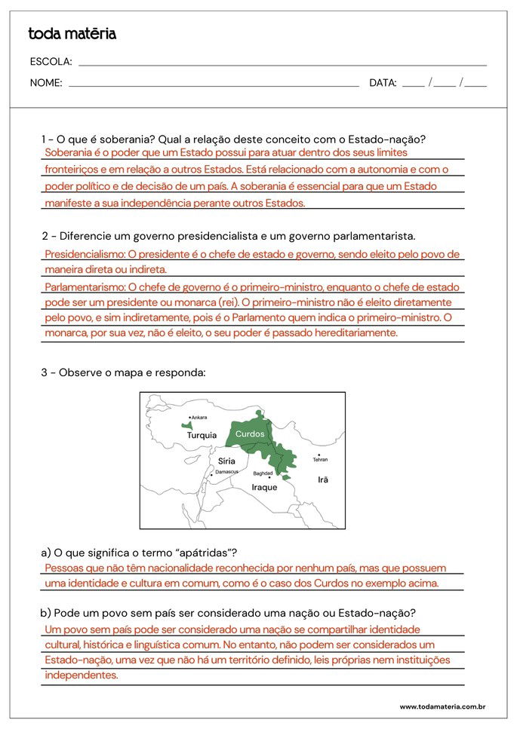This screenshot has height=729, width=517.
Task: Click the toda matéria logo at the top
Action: [x=72, y=34]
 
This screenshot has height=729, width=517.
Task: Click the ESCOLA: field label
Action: [x=51, y=62]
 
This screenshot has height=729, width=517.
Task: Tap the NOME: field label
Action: [x=46, y=83]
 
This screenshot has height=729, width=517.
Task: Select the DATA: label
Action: [x=383, y=83]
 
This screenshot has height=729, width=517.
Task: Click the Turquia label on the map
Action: [x=202, y=435]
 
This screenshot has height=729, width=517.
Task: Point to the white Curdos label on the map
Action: [x=250, y=434]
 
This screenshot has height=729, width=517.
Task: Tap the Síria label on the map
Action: [x=226, y=461]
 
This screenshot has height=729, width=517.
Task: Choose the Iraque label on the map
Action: [x=264, y=487]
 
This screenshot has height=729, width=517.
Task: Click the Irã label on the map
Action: [x=323, y=479]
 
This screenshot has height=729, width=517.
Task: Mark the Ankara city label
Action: [x=199, y=418]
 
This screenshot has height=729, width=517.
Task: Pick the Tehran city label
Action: [x=320, y=459]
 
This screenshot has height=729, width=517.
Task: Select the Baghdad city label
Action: [x=263, y=473]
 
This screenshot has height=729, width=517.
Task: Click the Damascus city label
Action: [x=226, y=472]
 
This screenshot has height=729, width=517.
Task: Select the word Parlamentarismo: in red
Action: [x=85, y=287]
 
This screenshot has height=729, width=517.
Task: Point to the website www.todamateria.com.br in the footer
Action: [x=442, y=706]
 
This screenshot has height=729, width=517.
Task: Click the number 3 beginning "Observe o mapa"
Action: [x=45, y=372]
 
